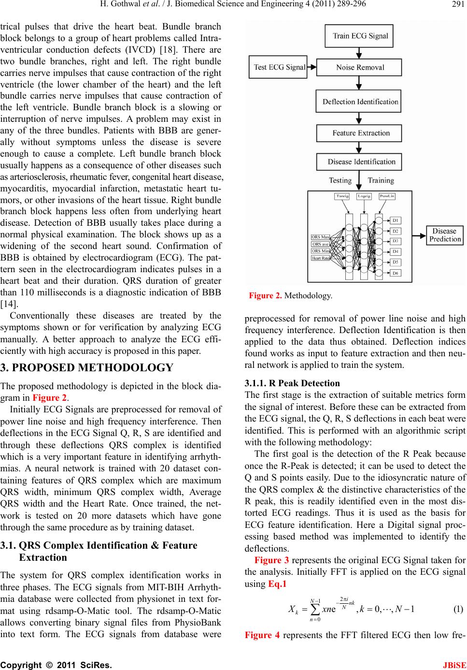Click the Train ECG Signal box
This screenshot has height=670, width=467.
(360, 35)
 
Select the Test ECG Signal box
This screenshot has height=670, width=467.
(278, 67)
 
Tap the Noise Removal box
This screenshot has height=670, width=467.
(360, 67)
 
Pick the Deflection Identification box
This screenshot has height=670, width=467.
(360, 102)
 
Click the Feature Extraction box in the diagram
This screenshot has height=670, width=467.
(360, 133)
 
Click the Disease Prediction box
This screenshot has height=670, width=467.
(444, 235)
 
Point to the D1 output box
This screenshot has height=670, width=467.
(396, 221)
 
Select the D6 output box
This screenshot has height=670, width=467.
(396, 273)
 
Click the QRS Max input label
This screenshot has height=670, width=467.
(321, 237)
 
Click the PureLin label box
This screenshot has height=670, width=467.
(388, 196)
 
